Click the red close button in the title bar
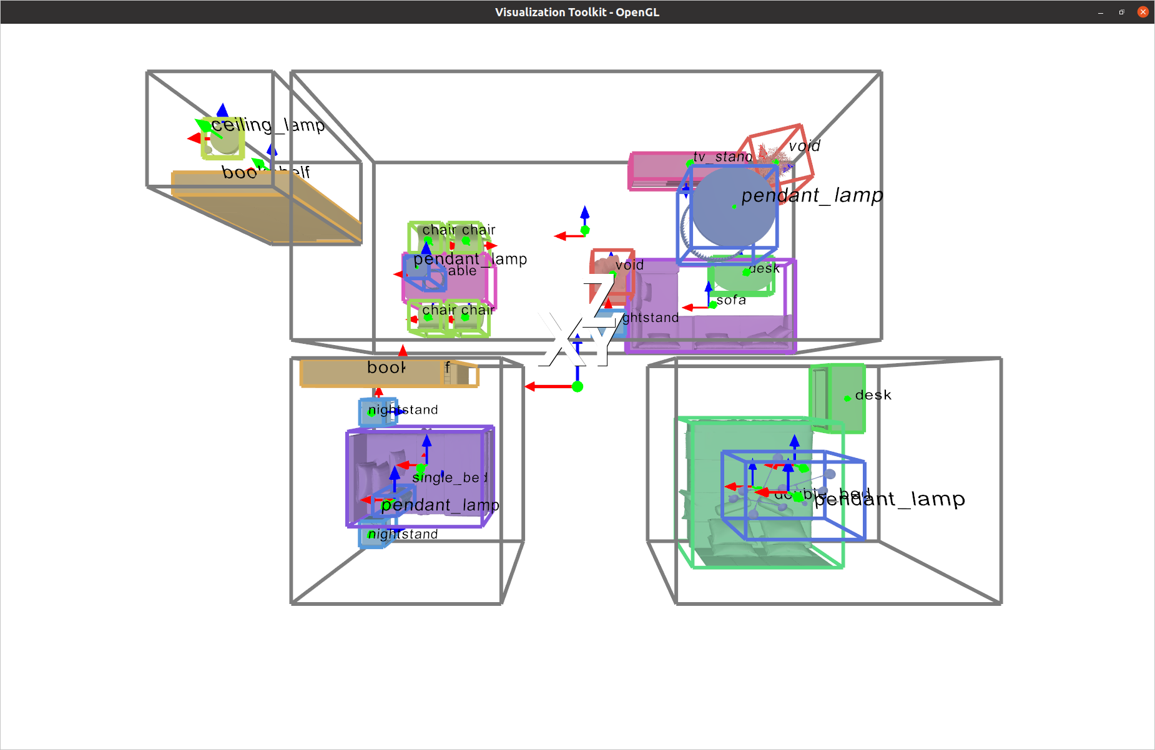pyautogui.click(x=1143, y=12)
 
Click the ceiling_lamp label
pyautogui.click(x=268, y=125)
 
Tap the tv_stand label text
pyautogui.click(x=722, y=157)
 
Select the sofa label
pyautogui.click(x=731, y=300)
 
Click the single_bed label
pyautogui.click(x=450, y=477)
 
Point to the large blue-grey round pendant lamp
pyautogui.click(x=734, y=208)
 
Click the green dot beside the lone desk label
pyautogui.click(x=847, y=398)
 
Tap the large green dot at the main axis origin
pyautogui.click(x=577, y=387)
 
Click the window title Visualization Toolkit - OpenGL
pyautogui.click(x=577, y=12)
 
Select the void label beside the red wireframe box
pyautogui.click(x=804, y=146)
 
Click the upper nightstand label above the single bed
pyautogui.click(x=403, y=410)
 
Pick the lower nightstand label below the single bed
pyautogui.click(x=403, y=534)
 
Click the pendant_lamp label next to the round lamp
pyautogui.click(x=812, y=196)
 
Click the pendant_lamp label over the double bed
pyautogui.click(x=890, y=499)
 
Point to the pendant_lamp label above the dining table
pyautogui.click(x=470, y=259)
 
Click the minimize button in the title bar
pyautogui.click(x=1101, y=12)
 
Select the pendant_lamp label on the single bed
pyautogui.click(x=440, y=505)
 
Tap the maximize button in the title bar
pyautogui.click(x=1122, y=12)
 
